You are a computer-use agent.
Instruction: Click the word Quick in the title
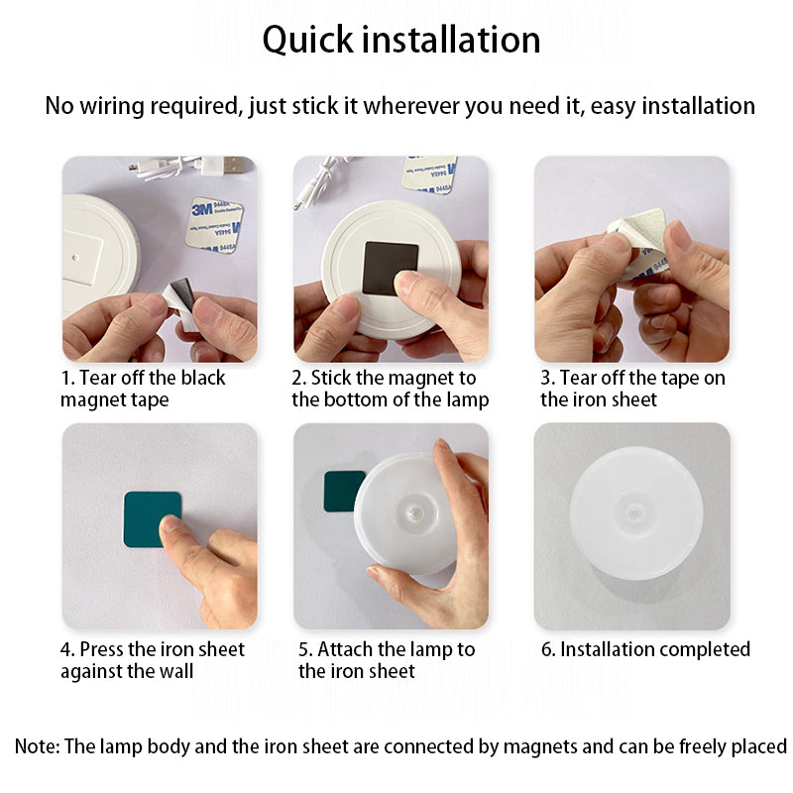307,41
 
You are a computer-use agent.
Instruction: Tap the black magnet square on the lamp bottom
391,269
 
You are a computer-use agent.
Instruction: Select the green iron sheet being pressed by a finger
153,519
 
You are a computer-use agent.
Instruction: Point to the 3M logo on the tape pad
201,209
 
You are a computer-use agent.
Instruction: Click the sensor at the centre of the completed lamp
634,513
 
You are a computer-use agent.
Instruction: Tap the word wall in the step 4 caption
176,671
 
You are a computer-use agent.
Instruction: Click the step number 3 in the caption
547,379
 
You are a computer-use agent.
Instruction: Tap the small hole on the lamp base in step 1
75,258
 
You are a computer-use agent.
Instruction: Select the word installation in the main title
451,41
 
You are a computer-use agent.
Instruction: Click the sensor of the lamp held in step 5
414,513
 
